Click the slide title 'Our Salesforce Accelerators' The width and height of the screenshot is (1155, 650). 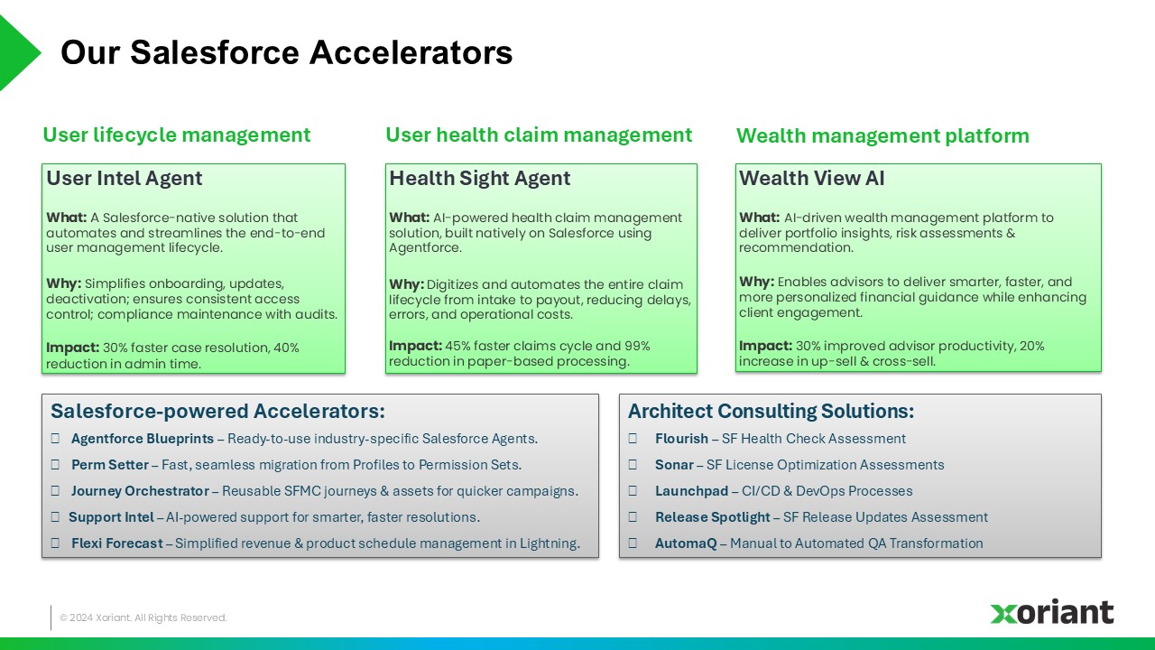click(x=287, y=52)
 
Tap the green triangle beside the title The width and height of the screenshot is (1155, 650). click(x=16, y=52)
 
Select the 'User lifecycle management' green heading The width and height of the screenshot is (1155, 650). click(x=176, y=135)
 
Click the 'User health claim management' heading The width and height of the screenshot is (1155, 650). click(x=539, y=135)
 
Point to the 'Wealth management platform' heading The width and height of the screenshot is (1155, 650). click(x=882, y=135)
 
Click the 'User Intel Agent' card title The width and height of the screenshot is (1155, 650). click(x=125, y=178)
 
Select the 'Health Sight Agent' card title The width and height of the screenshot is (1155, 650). click(x=479, y=178)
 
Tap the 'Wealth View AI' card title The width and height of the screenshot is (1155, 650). click(x=811, y=178)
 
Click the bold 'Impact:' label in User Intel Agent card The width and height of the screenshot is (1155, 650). click(x=72, y=348)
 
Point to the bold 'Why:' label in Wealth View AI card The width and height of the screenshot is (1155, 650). click(x=756, y=282)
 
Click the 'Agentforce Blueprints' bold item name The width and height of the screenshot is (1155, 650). click(x=143, y=439)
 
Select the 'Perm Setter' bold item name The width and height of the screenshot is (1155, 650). click(x=110, y=465)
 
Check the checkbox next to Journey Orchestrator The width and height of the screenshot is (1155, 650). click(x=55, y=490)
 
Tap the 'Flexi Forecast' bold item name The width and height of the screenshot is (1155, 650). click(x=117, y=543)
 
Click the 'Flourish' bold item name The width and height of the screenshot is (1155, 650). click(x=681, y=439)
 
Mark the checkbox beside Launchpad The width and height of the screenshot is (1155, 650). click(x=633, y=490)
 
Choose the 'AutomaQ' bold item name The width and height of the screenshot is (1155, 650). click(x=686, y=543)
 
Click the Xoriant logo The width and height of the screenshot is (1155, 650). click(x=1052, y=612)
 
